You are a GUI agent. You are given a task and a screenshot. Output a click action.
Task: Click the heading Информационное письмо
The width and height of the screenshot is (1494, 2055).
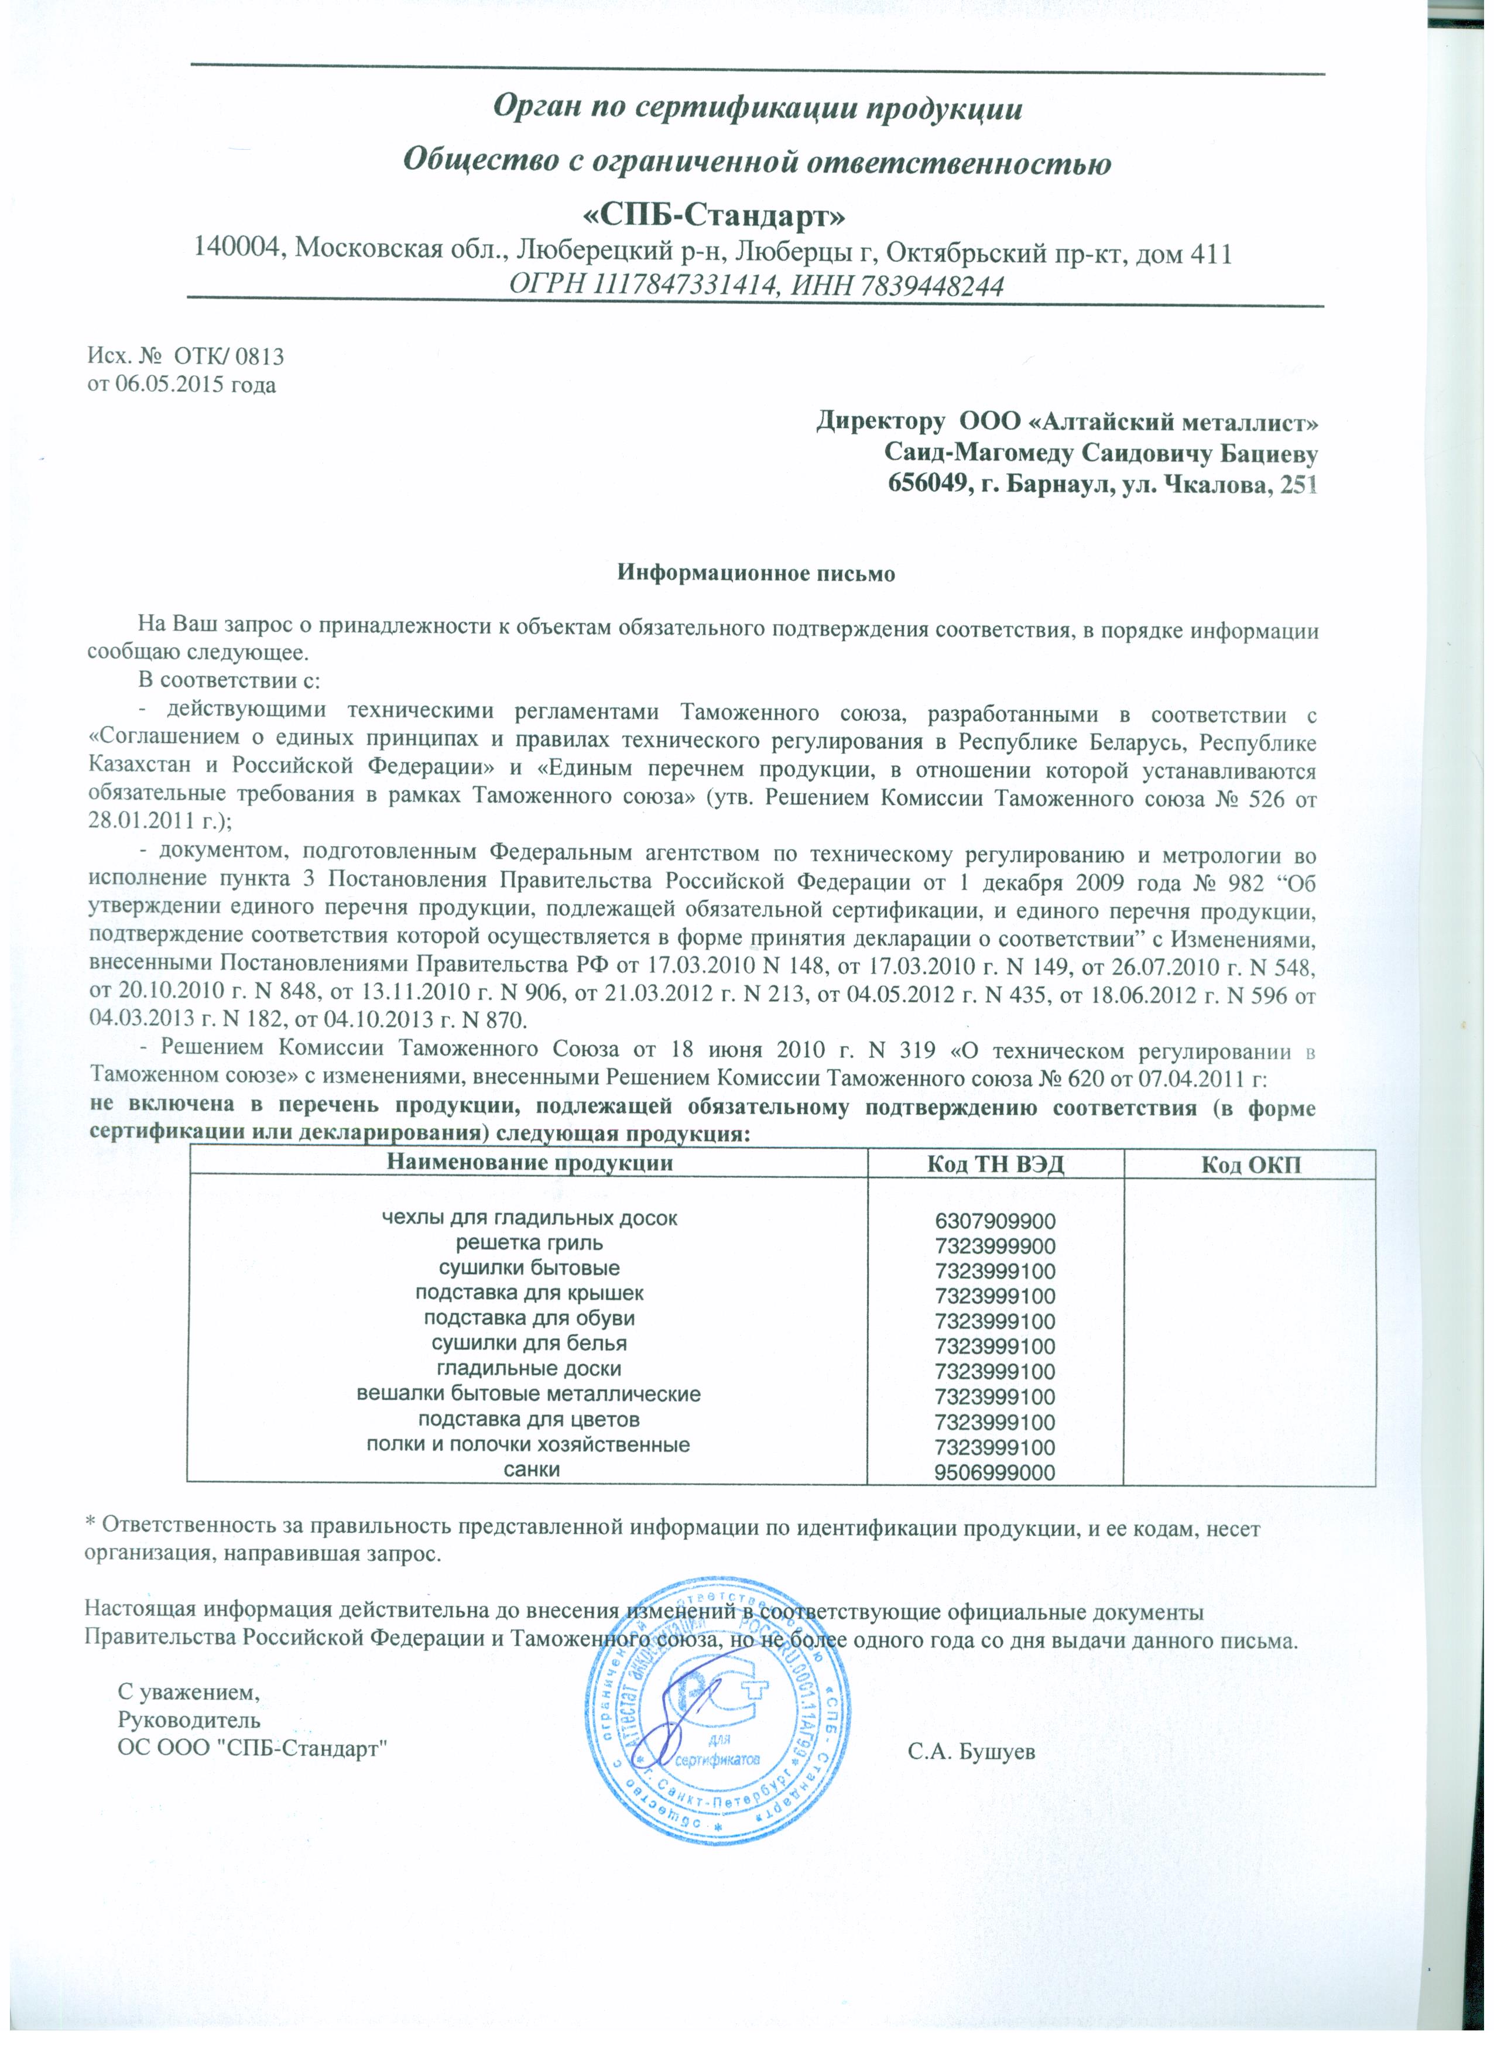pyautogui.click(x=756, y=573)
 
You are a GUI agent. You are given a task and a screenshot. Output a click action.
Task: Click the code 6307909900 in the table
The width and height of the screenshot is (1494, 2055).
pyautogui.click(x=995, y=1220)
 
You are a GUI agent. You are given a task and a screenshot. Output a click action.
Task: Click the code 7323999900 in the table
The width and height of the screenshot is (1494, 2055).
pyautogui.click(x=995, y=1245)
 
